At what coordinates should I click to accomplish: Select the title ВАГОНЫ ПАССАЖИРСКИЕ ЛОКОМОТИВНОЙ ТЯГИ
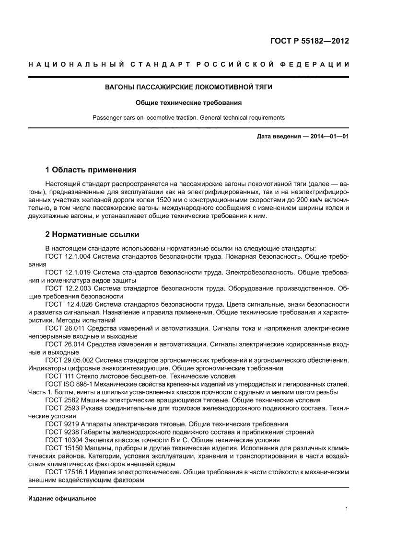point(188,87)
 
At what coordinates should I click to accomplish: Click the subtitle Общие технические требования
point(188,103)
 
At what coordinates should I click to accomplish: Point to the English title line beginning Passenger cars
point(188,117)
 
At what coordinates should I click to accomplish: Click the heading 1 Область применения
point(91,170)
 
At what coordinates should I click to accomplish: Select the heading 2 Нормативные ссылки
point(92,235)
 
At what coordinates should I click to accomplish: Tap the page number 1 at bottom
point(346,509)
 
